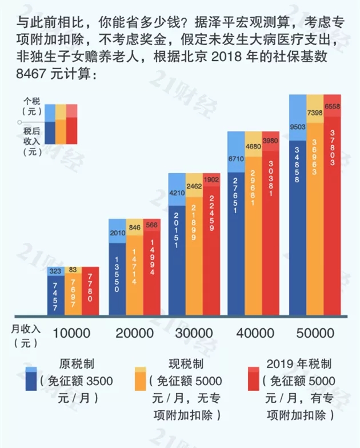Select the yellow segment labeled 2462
click(x=194, y=186)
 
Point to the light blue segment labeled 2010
click(x=117, y=234)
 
